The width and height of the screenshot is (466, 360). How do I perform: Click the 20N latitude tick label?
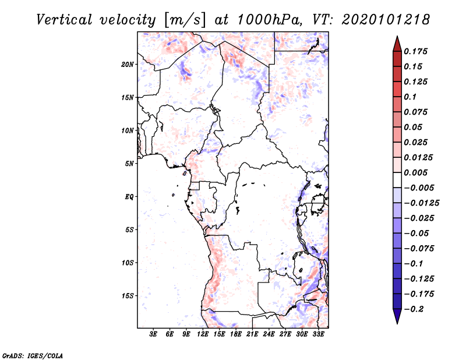tap(128, 64)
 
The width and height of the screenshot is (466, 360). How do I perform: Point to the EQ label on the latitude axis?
tap(129, 197)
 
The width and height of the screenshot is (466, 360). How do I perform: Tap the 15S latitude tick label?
tap(128, 296)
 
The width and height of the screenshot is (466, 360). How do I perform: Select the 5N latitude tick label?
tap(129, 164)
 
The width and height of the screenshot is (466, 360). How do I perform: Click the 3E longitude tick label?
tap(153, 334)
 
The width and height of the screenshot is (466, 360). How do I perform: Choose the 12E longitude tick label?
tap(203, 334)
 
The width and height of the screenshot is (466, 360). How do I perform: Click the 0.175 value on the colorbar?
tap(416, 51)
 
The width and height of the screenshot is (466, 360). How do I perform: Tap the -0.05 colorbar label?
tap(416, 234)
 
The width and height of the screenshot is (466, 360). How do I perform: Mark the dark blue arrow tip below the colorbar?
tap(397, 320)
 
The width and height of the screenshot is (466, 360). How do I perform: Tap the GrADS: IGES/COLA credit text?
tap(24, 355)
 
